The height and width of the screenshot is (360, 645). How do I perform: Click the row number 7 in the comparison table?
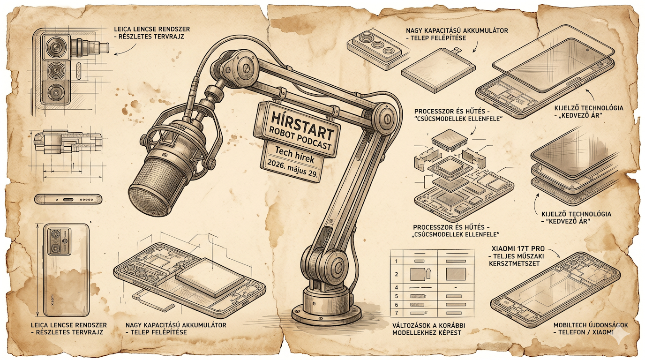click(397, 313)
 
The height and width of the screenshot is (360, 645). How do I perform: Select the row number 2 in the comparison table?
click(397, 275)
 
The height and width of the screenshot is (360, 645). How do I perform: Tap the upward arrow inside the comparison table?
click(428, 273)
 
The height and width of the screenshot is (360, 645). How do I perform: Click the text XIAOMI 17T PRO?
click(518, 249)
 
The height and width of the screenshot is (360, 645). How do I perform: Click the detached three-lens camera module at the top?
click(375, 45)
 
